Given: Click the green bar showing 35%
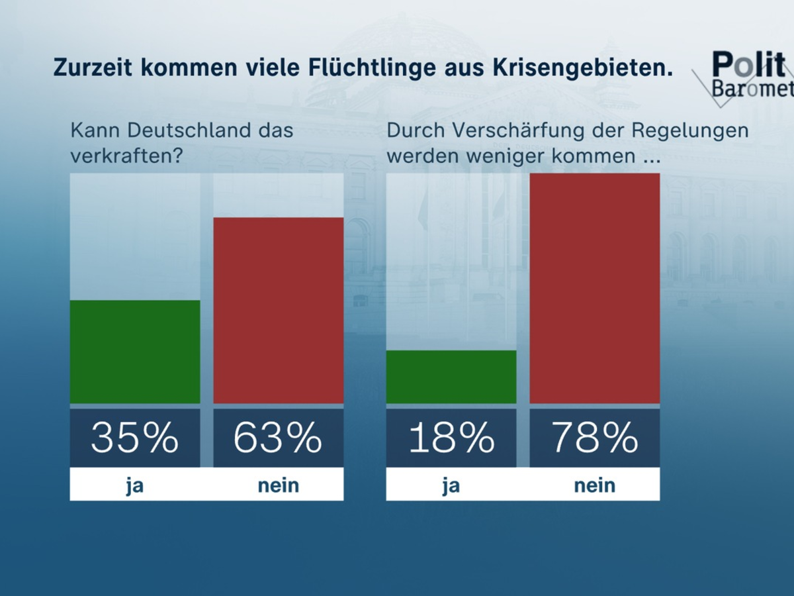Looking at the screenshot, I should pyautogui.click(x=135, y=352).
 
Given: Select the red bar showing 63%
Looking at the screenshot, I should pyautogui.click(x=278, y=310).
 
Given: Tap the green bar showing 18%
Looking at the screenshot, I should pyautogui.click(x=451, y=377).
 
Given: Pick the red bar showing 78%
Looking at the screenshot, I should pyautogui.click(x=594, y=288).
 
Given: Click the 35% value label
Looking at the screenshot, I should pyautogui.click(x=135, y=438).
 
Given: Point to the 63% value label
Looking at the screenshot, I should pyautogui.click(x=278, y=438).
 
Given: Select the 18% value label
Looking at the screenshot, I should pyautogui.click(x=451, y=438).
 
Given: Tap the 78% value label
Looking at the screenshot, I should pyautogui.click(x=594, y=438).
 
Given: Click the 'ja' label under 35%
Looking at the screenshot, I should pyautogui.click(x=135, y=485).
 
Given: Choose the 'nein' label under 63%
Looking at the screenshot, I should pyautogui.click(x=278, y=485).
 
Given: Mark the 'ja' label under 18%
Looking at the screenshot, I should pyautogui.click(x=451, y=485).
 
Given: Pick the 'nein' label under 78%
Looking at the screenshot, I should pyautogui.click(x=594, y=485).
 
